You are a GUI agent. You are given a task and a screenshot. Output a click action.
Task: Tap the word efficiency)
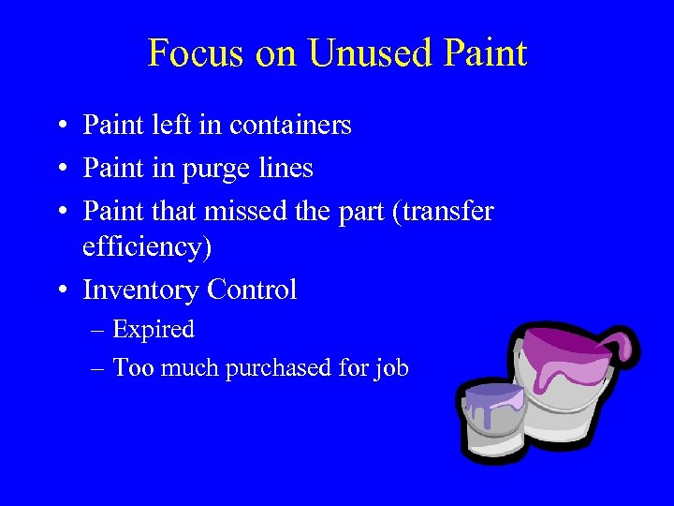(148, 246)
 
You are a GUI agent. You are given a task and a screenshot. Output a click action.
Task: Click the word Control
(252, 290)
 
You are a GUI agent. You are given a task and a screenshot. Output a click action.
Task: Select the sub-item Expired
(154, 330)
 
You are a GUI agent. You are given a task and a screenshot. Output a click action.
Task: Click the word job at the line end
(391, 368)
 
